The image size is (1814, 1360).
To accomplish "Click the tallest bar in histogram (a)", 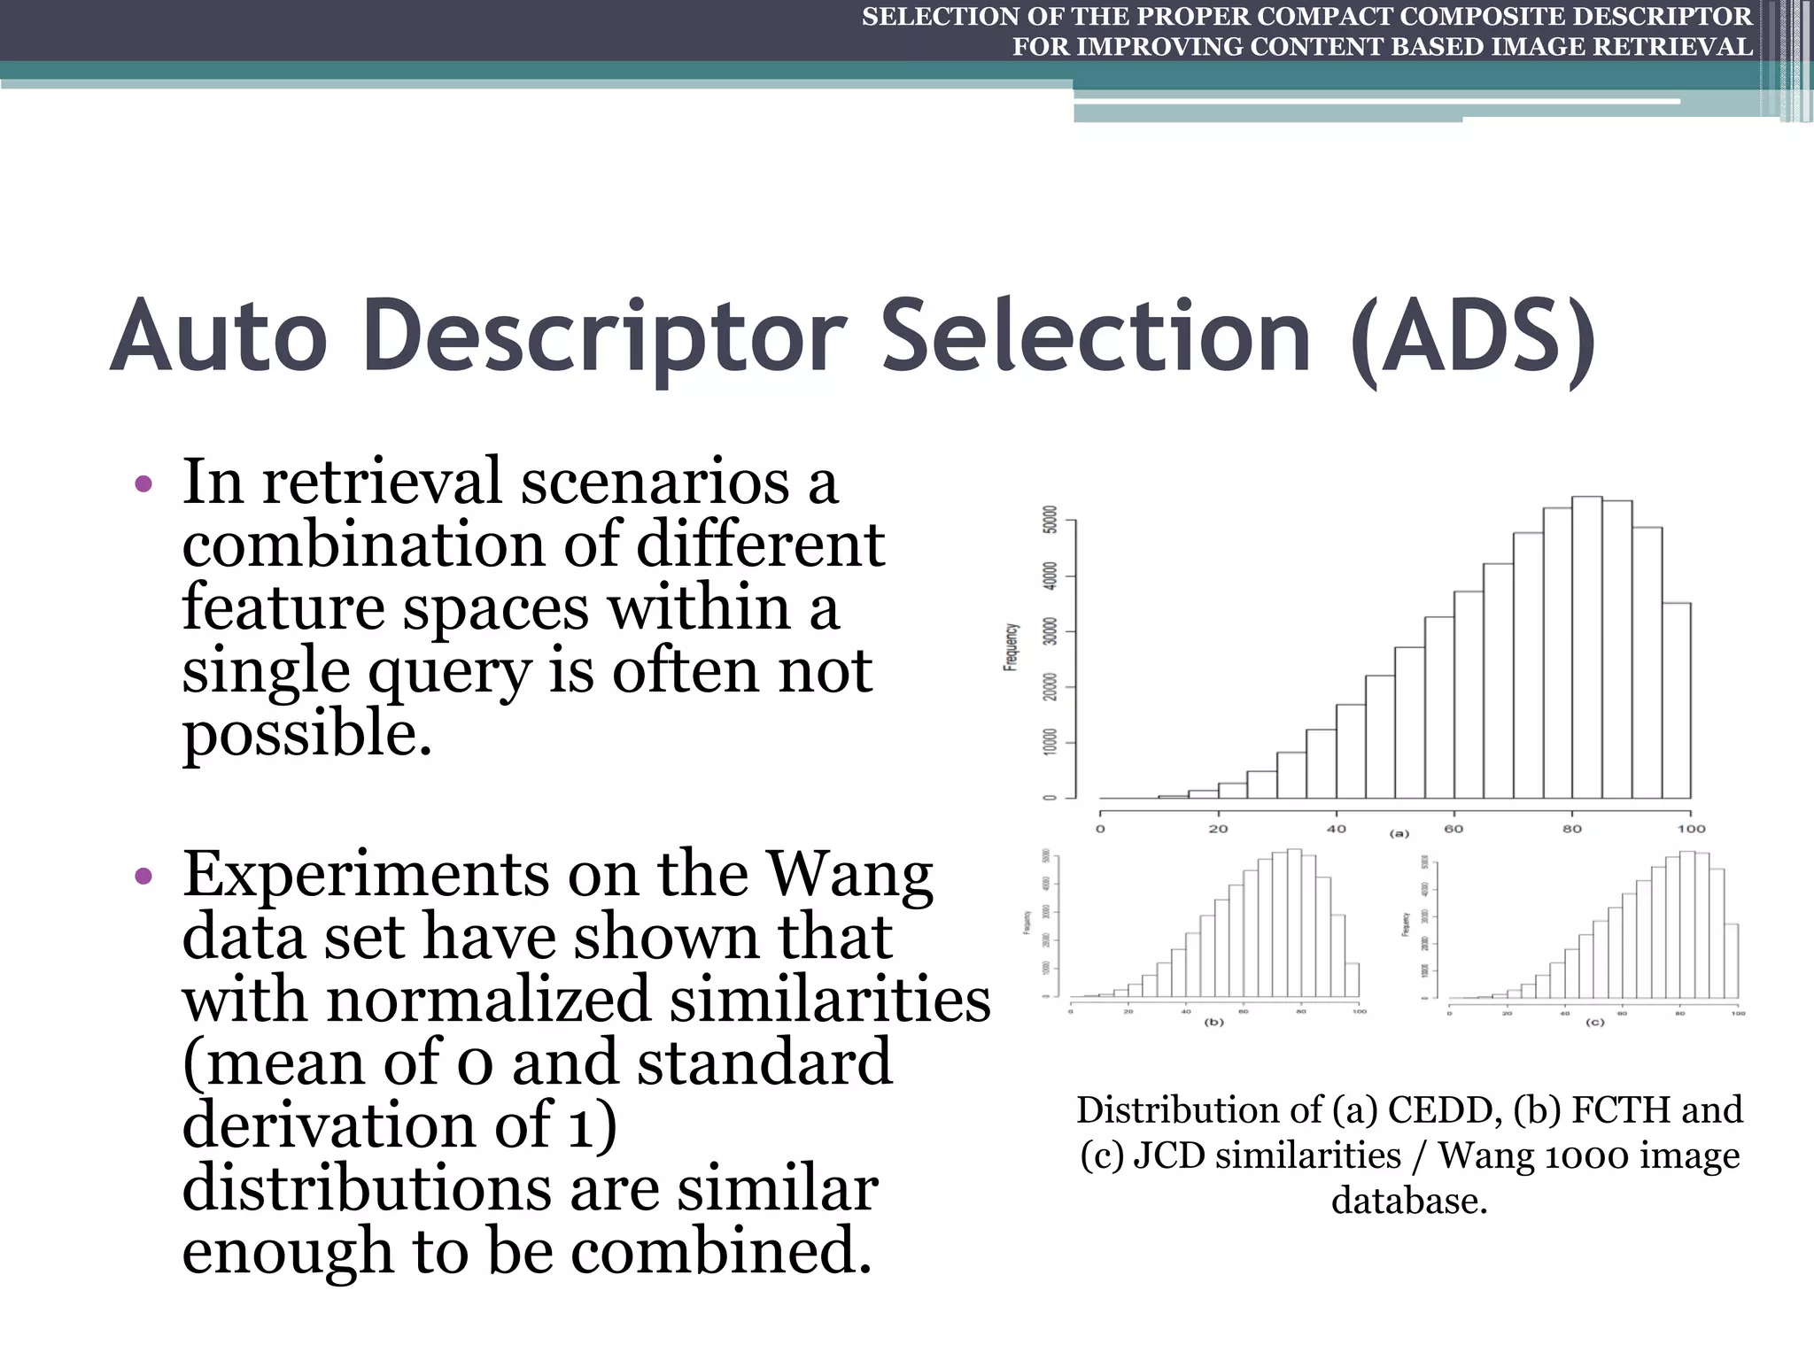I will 1586,646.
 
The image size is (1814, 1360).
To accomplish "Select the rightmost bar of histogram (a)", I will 1676,699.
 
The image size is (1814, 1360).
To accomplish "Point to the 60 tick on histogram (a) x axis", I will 1454,829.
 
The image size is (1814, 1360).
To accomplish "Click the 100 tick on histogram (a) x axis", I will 1690,829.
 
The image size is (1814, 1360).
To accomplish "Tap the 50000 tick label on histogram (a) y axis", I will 1050,520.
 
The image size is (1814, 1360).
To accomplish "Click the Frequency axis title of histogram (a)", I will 1011,646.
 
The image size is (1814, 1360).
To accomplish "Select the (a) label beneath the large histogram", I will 1399,833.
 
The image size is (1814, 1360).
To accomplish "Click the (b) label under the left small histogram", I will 1213,1022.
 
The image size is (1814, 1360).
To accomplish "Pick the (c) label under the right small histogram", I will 1594,1022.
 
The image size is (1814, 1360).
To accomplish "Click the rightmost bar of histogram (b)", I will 1352,979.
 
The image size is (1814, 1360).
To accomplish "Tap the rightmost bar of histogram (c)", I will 1731,961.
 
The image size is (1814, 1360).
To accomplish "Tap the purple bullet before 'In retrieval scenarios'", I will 143,485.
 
